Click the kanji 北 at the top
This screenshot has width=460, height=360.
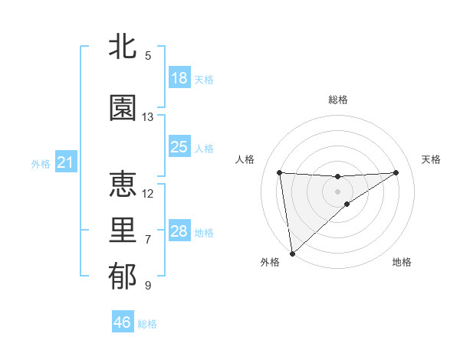click(x=123, y=47)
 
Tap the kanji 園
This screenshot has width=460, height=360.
click(x=123, y=109)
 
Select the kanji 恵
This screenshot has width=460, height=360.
click(x=123, y=185)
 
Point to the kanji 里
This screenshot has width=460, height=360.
click(x=123, y=231)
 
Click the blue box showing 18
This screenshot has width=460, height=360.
click(x=179, y=78)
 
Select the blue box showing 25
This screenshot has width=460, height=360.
click(x=179, y=147)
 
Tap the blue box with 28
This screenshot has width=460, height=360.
click(x=179, y=231)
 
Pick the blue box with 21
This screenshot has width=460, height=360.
click(x=65, y=162)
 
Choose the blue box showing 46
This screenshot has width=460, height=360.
click(x=123, y=322)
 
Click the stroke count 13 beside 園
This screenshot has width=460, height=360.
click(x=148, y=117)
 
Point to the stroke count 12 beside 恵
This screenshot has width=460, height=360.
click(x=148, y=193)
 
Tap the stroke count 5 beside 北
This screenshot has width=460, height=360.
click(x=148, y=56)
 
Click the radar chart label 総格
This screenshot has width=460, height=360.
click(x=337, y=100)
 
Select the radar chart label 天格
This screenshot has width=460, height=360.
click(x=432, y=159)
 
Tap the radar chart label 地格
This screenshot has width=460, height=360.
click(x=402, y=263)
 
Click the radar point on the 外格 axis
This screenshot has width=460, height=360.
click(x=292, y=253)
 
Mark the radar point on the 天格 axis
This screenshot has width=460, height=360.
click(x=396, y=172)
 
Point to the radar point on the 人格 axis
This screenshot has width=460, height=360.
click(x=280, y=172)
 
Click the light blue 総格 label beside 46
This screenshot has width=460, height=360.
click(x=147, y=324)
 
